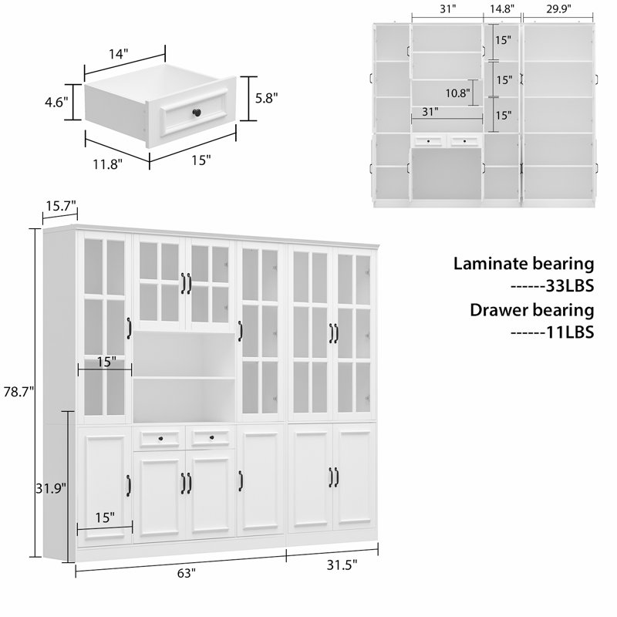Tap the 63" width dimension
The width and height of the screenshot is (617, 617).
185,573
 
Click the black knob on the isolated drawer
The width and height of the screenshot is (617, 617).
198,113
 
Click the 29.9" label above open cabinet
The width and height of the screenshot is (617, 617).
558,9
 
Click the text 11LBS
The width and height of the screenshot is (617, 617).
571,332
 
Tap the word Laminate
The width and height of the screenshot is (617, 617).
487,264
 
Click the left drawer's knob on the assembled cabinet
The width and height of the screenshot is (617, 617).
159,439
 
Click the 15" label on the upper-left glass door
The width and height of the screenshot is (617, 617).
106,361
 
